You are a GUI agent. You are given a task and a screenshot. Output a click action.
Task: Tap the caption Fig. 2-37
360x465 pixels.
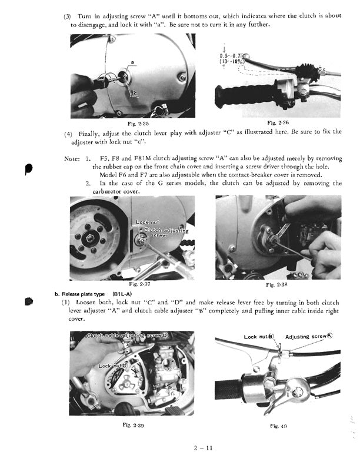[x=141, y=284]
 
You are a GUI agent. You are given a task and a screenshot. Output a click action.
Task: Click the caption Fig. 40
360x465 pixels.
[x=278, y=425]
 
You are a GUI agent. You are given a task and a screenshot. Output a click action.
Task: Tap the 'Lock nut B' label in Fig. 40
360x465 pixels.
[x=259, y=337]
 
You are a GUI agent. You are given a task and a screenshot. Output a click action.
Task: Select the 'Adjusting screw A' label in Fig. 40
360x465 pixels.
[x=308, y=337]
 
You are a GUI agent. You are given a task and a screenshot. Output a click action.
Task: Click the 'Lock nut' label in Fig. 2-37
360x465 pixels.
[x=147, y=222]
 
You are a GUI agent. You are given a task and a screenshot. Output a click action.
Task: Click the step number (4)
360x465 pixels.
[x=68, y=133]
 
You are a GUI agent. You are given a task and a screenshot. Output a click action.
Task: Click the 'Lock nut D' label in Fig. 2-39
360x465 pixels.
[x=112, y=366]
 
